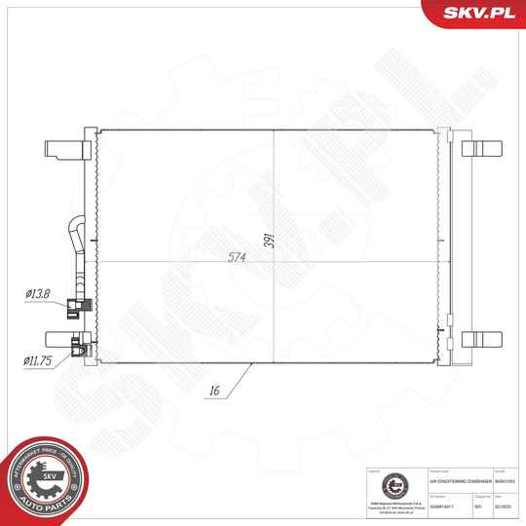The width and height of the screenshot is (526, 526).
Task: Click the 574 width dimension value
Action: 237,257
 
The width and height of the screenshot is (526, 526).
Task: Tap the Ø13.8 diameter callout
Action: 39,294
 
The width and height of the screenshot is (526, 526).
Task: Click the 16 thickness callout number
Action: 214,393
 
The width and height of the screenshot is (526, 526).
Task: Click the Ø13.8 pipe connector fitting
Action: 76,310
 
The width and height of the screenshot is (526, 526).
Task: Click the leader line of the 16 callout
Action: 239,378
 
